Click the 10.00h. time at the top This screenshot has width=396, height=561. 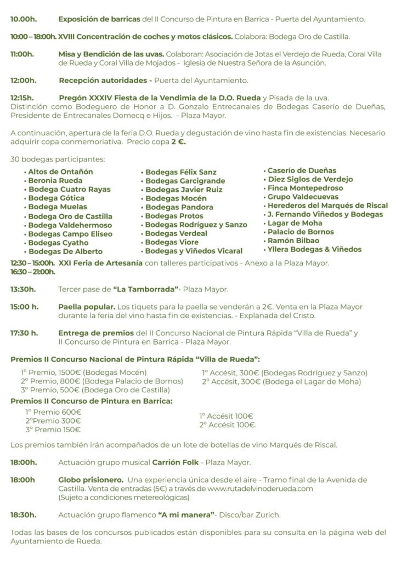(x=24, y=19)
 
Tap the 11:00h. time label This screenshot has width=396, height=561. (x=22, y=54)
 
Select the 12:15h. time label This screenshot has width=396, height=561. (x=23, y=98)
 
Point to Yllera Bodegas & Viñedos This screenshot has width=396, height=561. (x=314, y=249)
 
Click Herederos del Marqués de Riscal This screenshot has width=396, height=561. (x=327, y=205)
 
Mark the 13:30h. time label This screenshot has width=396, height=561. (x=24, y=289)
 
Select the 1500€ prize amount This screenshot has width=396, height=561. (x=67, y=373)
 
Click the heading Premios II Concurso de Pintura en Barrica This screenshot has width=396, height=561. (x=91, y=401)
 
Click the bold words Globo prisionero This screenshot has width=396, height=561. (x=90, y=480)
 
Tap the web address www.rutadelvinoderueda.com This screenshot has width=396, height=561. (x=260, y=489)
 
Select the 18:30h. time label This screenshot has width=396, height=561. (x=24, y=515)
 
